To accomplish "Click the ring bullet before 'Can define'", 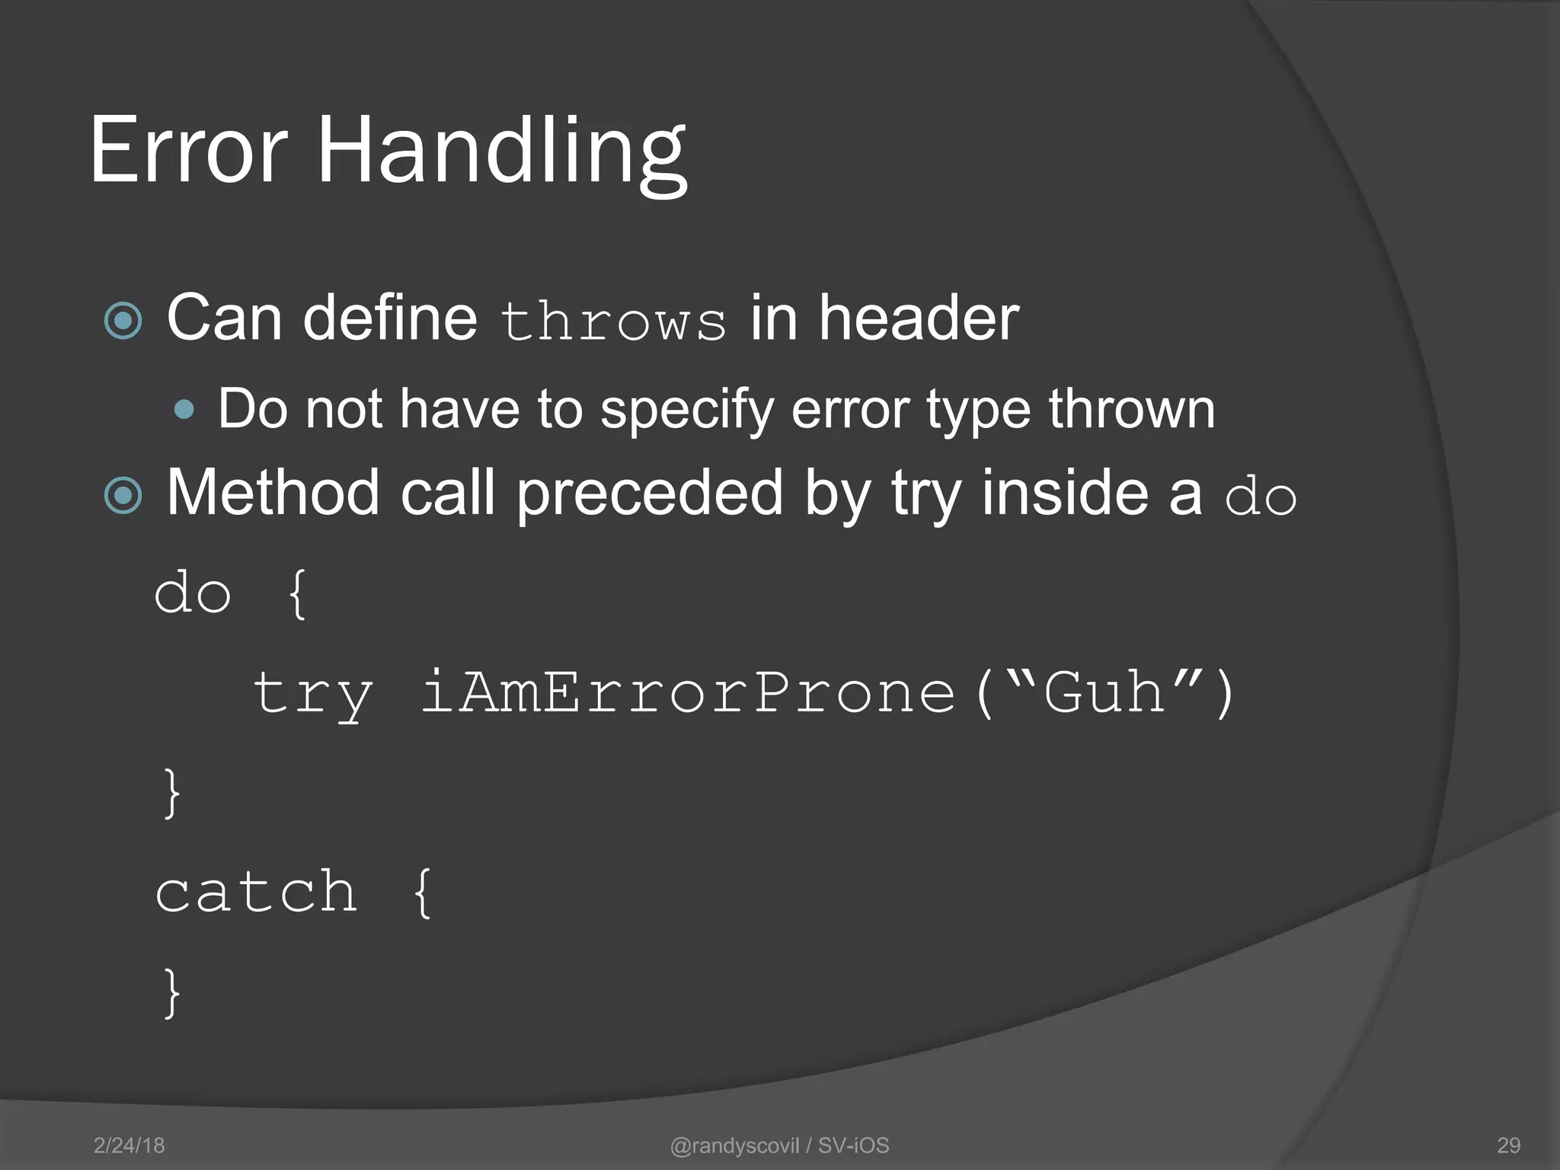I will tap(123, 321).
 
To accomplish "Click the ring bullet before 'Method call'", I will tap(123, 496).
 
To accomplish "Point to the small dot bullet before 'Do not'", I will tap(184, 411).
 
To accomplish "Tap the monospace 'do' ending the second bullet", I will tap(1260, 497).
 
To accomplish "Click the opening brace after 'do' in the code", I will tap(297, 593).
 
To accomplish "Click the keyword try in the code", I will tap(312, 693).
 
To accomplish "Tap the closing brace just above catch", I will tap(172, 792).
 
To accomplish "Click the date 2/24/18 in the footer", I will tap(129, 1145).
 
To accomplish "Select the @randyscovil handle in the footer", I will tap(734, 1145).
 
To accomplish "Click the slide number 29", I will tap(1508, 1145).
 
